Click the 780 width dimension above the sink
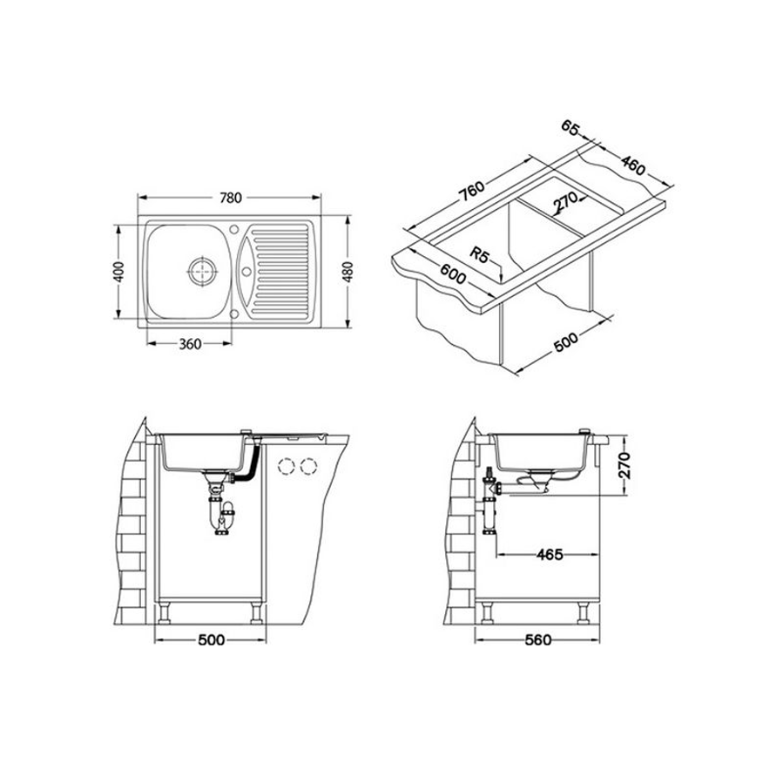(230, 198)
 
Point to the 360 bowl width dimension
(191, 343)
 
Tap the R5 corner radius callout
(479, 255)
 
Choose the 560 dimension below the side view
(539, 640)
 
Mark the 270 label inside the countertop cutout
(568, 204)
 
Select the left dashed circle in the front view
(285, 465)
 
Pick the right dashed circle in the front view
(307, 465)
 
